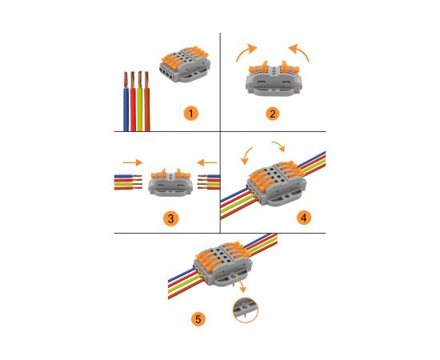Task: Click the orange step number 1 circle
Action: tap(191, 114)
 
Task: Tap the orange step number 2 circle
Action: tap(272, 114)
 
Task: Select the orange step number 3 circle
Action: tap(170, 218)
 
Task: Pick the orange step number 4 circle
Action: tap(304, 218)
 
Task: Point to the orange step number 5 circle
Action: tap(198, 319)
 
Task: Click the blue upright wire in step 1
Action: tap(126, 102)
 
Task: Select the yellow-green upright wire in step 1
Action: tap(140, 102)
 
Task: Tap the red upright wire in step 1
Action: tap(133, 102)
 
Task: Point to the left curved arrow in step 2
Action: tap(246, 52)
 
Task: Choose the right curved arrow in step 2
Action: tap(300, 52)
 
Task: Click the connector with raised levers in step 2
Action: tap(274, 78)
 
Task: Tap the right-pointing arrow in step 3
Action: tap(133, 162)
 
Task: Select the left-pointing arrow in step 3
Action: tap(207, 162)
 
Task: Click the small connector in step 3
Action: tap(170, 182)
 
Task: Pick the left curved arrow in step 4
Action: tap(246, 156)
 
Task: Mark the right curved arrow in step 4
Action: tap(279, 146)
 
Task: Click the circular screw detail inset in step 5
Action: tap(246, 310)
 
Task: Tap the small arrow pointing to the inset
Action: tap(242, 287)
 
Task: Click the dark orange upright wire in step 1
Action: tap(146, 102)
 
